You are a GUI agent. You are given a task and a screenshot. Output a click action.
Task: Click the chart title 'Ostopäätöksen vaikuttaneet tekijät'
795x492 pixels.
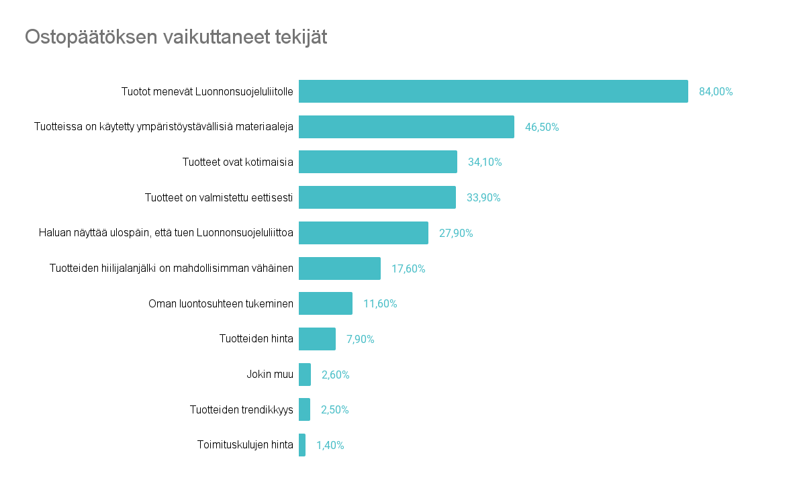176,37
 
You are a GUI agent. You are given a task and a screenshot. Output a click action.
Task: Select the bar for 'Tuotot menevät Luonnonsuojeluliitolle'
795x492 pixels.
493,91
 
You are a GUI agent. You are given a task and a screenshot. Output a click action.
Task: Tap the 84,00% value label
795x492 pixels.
715,92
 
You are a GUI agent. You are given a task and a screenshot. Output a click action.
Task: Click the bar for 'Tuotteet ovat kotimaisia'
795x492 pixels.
377,162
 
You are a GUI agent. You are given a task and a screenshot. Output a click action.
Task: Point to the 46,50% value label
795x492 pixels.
541,127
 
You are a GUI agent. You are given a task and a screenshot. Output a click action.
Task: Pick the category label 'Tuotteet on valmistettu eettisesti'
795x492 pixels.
219,197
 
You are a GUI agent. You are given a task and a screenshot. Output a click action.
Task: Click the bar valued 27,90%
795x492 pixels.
363,233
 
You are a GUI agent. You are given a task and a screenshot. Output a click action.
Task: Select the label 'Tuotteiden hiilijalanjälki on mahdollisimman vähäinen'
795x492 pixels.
171,268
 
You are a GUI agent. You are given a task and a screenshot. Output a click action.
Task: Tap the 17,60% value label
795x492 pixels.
408,268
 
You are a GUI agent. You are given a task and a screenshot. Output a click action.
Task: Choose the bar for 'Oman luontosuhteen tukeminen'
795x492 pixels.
326,303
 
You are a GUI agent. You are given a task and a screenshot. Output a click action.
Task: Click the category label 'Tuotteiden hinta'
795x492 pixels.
256,339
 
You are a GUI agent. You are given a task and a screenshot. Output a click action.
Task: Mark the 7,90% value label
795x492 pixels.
360,339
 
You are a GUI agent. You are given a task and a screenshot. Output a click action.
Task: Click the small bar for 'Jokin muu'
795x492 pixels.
305,375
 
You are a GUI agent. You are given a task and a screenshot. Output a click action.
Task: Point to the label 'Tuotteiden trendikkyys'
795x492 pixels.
241,409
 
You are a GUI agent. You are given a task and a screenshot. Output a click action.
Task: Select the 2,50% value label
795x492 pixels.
334,409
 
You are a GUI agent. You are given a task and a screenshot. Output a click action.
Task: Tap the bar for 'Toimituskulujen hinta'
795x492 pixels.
302,445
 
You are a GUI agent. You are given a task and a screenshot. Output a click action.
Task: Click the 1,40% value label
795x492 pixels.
330,445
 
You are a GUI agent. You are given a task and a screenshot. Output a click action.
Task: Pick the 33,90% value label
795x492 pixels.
483,197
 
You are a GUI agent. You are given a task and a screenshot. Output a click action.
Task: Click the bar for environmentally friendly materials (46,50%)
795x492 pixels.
406,127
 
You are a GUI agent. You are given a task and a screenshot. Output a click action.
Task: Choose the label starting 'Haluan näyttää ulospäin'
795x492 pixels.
166,233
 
